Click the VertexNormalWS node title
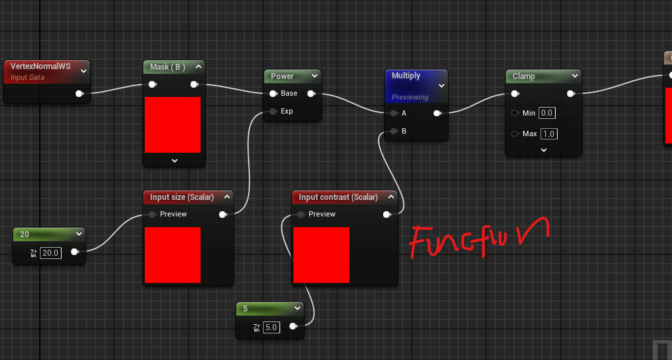tap(41, 66)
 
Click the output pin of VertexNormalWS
tap(80, 94)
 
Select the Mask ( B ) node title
tap(167, 66)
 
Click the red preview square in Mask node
tap(173, 125)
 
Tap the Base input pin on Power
tap(272, 94)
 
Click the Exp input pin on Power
tap(272, 112)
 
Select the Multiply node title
tap(406, 76)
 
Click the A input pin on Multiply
tap(394, 114)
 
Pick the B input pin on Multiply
tap(394, 132)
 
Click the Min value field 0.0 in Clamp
tap(547, 113)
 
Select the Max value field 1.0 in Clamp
tap(548, 134)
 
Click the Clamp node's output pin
tap(570, 94)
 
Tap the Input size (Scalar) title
tap(182, 197)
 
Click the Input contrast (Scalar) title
tap(338, 197)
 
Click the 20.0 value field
tap(50, 253)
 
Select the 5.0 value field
tap(271, 327)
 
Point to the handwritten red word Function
tap(478, 238)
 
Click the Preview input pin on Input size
tap(152, 215)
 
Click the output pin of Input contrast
tap(386, 215)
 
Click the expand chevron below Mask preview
tap(174, 160)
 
